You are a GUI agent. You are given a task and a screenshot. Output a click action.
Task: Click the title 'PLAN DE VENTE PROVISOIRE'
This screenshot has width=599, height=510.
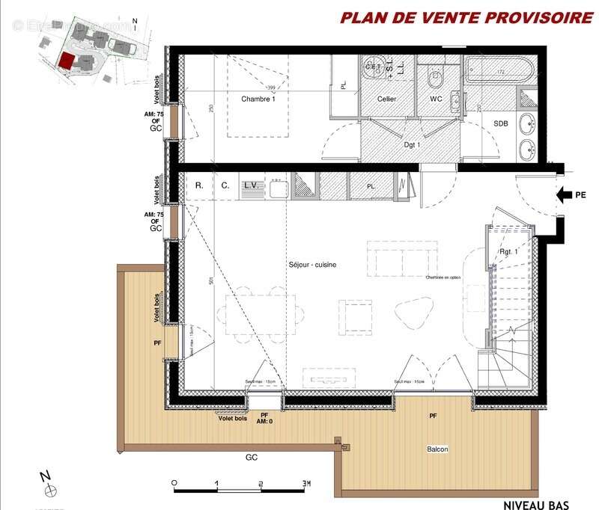tap(466, 18)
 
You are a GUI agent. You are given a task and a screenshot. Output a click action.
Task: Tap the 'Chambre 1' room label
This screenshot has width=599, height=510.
tap(258, 99)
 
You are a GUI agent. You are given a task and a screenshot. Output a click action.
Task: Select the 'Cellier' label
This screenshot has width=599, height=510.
tap(386, 99)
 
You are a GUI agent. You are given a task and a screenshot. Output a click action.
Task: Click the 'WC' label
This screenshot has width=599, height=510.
tap(437, 99)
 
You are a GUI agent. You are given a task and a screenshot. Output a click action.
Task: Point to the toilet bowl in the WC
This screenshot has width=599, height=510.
tap(435, 77)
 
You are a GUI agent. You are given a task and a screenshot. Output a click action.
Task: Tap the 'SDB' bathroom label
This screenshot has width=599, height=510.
tap(501, 124)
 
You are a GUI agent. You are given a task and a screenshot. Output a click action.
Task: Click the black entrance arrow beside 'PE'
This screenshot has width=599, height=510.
tap(564, 196)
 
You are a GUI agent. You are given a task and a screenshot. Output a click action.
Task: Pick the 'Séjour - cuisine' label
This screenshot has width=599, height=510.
tap(312, 265)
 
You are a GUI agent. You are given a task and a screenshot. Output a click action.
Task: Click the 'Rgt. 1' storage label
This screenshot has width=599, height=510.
tap(509, 252)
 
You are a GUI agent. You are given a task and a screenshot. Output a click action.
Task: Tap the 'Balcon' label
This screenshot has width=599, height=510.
tap(438, 449)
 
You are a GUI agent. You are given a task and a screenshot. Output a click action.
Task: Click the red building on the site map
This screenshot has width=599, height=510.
tap(67, 61)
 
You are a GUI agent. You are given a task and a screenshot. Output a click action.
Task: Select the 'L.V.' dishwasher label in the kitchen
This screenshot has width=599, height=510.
tap(251, 185)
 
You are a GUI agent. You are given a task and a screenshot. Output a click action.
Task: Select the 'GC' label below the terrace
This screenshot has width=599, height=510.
tap(252, 455)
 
